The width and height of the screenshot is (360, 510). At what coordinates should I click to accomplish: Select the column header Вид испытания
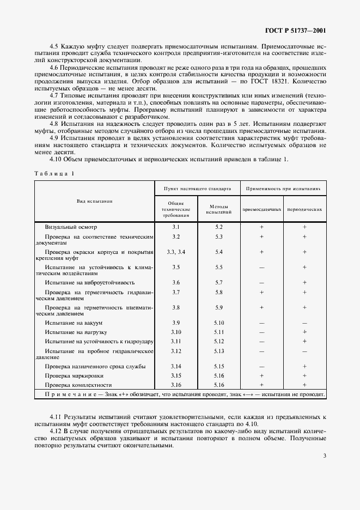click(x=95, y=201)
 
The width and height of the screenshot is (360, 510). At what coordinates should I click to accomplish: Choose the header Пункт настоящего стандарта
click(x=198, y=188)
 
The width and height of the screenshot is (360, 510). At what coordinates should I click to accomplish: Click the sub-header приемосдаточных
click(x=262, y=209)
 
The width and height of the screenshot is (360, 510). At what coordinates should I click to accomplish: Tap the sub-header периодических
click(x=304, y=209)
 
